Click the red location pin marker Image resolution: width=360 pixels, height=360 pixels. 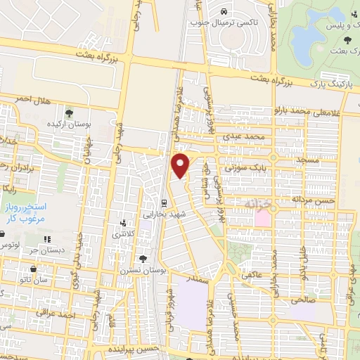click(181, 166)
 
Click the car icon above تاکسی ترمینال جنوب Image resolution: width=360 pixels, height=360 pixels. click(223, 11)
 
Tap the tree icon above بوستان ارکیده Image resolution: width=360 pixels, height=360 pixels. click(69, 112)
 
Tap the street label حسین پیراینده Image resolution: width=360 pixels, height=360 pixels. click(130, 349)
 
